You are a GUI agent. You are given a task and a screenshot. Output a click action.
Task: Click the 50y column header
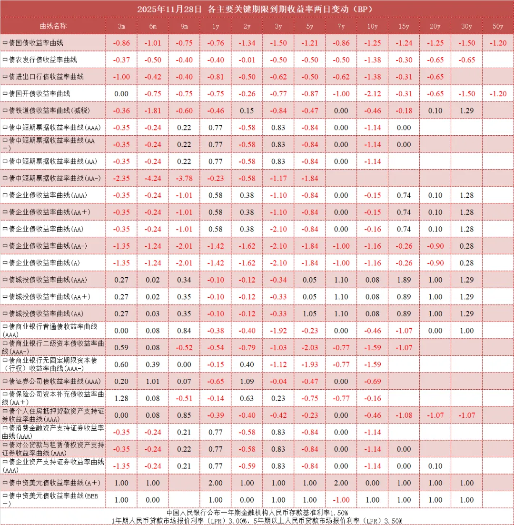tap(498, 26)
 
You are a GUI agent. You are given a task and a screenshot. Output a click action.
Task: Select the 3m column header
tap(121, 26)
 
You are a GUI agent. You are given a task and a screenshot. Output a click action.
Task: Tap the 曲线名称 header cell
tap(53, 26)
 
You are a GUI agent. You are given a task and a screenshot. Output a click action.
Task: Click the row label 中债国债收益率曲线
tap(33, 43)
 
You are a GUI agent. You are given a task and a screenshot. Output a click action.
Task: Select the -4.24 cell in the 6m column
tap(153, 178)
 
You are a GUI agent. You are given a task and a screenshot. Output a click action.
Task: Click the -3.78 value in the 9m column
tap(184, 178)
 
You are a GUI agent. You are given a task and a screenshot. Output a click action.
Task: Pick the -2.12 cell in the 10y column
tap(373, 93)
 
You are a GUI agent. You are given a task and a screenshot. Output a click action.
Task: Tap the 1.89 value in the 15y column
tap(404, 280)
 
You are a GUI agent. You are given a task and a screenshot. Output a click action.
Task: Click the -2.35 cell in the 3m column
tap(121, 178)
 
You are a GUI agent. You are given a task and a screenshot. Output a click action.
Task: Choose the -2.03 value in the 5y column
tap(310, 347)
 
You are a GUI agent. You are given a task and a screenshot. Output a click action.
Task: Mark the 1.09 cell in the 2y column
tap(247, 381)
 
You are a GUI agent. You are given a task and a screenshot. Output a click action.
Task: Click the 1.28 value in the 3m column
tap(121, 398)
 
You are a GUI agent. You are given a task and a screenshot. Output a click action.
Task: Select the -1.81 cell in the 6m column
tap(153, 111)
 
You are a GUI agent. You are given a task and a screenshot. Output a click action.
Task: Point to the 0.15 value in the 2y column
tap(247, 111)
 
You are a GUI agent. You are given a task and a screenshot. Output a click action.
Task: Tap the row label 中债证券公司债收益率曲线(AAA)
tap(51, 381)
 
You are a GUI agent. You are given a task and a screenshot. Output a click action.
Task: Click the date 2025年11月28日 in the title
tap(169, 9)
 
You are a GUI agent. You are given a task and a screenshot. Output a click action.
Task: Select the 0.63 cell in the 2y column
tap(247, 398)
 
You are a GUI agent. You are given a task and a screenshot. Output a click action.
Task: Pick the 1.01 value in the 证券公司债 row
tap(153, 381)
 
